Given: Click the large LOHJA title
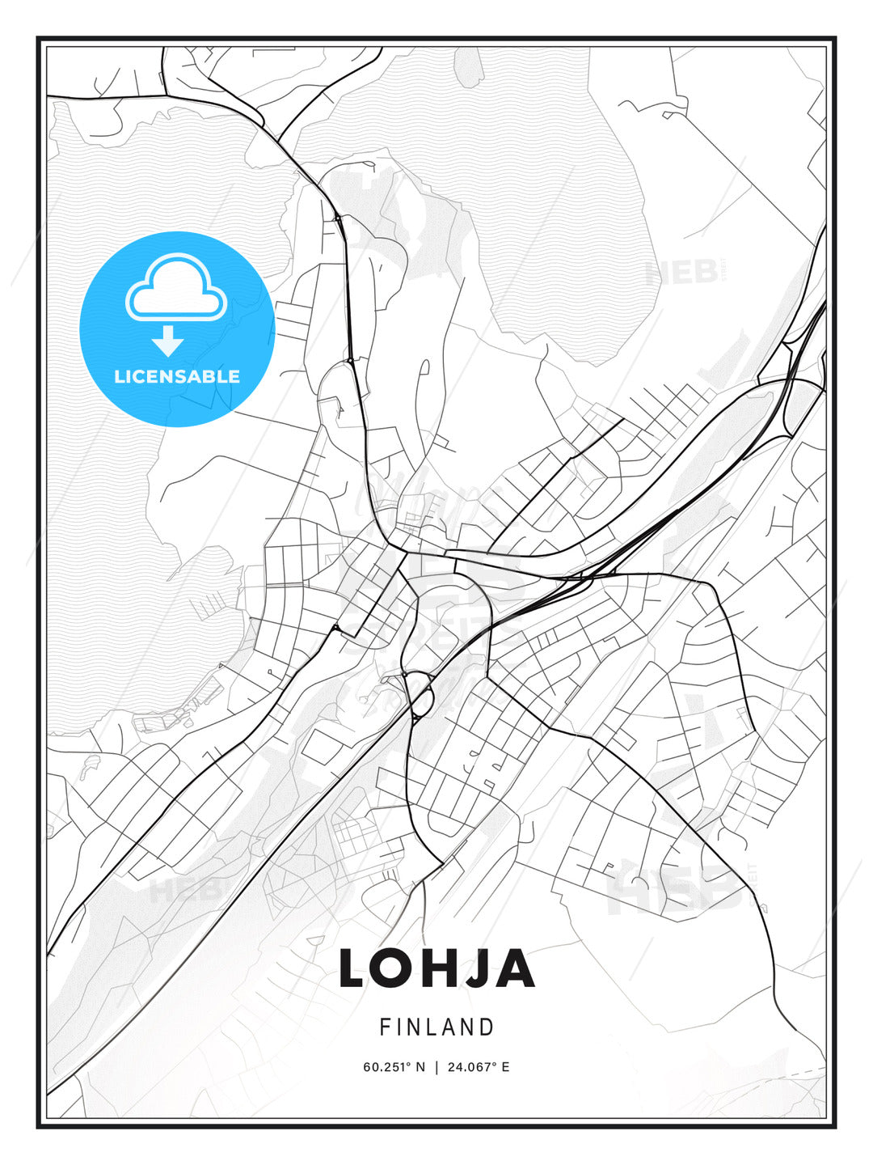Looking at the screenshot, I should [436, 968].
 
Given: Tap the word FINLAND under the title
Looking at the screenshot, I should [436, 1027].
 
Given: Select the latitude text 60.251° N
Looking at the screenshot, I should [394, 1066].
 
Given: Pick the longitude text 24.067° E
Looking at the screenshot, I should [478, 1066].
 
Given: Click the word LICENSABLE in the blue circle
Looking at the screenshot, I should [177, 376].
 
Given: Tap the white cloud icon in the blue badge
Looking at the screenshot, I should [176, 290].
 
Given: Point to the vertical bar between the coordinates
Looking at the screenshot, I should [436, 1066].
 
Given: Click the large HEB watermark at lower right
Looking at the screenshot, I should [675, 890].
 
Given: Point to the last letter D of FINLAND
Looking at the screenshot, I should [487, 1027].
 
